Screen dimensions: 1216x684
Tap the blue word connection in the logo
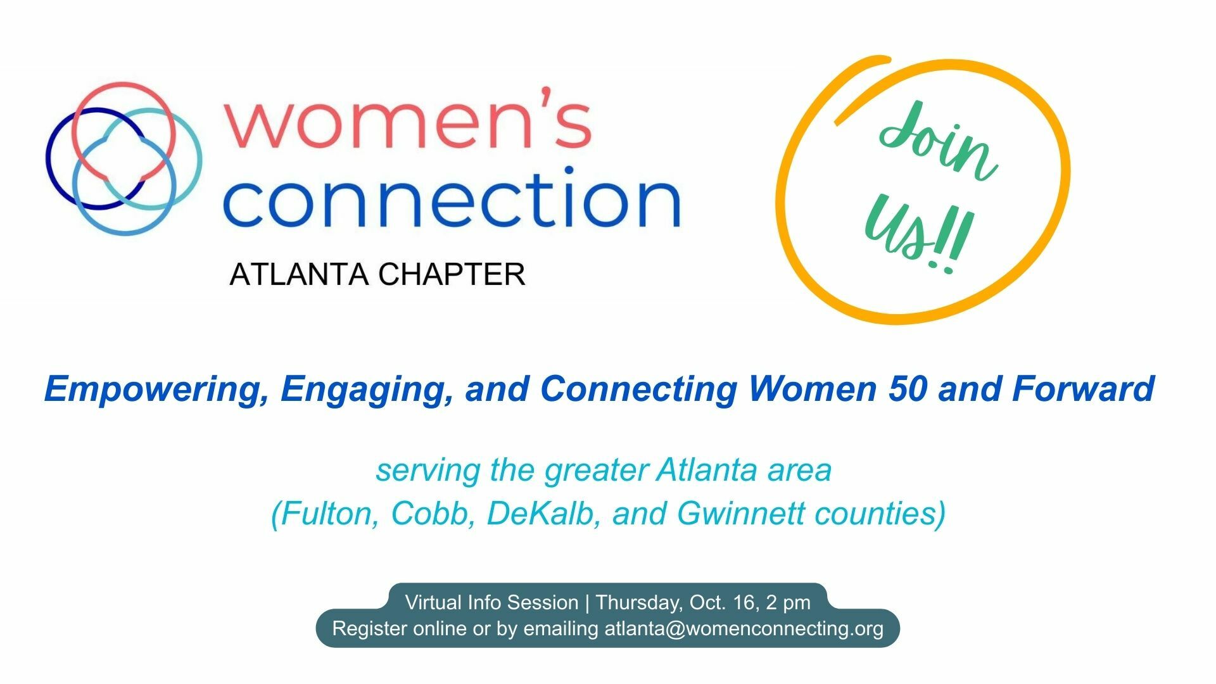pyautogui.click(x=452, y=197)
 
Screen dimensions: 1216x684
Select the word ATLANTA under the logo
pyautogui.click(x=299, y=274)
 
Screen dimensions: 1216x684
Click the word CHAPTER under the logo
pyautogui.click(x=452, y=274)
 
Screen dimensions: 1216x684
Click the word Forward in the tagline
pyautogui.click(x=1083, y=388)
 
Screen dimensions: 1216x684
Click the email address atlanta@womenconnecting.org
pyautogui.click(x=744, y=629)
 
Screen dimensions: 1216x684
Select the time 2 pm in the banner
pyautogui.click(x=788, y=603)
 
